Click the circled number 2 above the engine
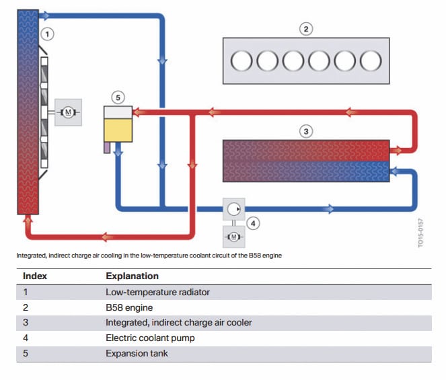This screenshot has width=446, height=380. (x=306, y=29)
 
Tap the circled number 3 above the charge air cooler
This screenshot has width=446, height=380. (x=306, y=131)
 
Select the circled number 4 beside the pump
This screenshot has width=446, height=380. (x=254, y=222)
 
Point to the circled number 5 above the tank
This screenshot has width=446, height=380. (x=118, y=98)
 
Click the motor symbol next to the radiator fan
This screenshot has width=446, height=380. (x=67, y=112)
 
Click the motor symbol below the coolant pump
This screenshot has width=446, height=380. (x=233, y=237)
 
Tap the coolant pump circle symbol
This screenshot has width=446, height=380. (x=233, y=208)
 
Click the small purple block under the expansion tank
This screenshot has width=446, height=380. (x=106, y=147)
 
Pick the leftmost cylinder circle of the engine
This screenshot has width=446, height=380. (x=241, y=61)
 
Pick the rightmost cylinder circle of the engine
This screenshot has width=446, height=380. (x=371, y=61)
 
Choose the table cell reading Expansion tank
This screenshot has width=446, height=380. (x=137, y=353)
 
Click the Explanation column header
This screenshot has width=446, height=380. (x=132, y=276)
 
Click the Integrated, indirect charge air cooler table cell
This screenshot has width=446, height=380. (x=178, y=322)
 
